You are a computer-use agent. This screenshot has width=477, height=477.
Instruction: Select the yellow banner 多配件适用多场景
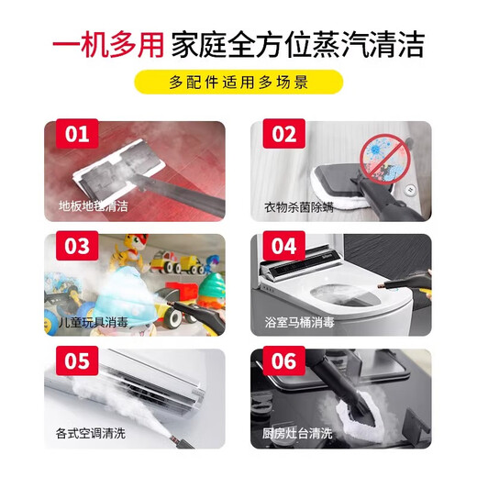(x=238, y=83)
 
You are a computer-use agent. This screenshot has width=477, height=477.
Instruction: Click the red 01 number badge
(x=77, y=134)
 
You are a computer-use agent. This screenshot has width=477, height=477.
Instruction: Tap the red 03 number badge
(x=77, y=247)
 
